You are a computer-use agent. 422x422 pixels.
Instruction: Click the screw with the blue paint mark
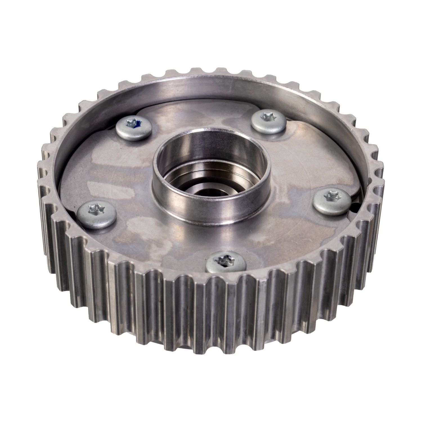pos(134,128)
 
